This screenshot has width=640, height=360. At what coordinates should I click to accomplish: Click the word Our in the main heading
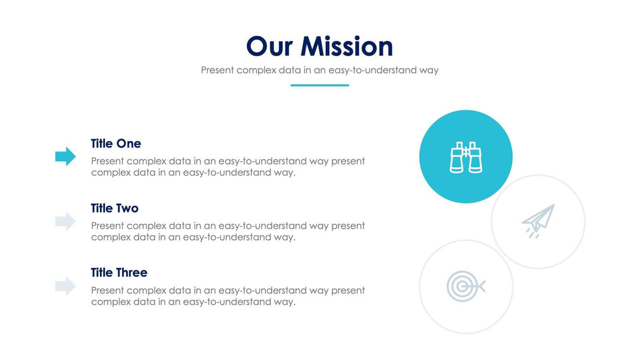(269, 46)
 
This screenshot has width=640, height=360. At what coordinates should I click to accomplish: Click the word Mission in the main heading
(347, 46)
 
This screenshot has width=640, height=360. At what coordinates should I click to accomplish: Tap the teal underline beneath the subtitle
(319, 86)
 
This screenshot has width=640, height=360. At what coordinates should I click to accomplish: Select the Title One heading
(116, 144)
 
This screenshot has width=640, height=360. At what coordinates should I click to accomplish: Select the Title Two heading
(115, 208)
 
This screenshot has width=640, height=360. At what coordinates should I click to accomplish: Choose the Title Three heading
(119, 272)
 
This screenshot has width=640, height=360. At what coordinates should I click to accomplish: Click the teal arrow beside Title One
(66, 156)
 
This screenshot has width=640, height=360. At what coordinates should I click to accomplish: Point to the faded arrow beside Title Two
(66, 221)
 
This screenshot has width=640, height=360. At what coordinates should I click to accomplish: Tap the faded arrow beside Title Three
(66, 286)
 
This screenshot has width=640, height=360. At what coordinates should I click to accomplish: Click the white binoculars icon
(466, 157)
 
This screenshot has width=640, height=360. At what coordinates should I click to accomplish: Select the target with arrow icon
(466, 287)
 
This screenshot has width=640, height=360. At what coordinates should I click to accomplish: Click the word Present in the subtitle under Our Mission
(217, 70)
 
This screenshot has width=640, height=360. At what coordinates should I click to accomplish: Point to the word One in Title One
(129, 144)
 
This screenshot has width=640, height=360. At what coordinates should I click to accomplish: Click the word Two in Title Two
(127, 208)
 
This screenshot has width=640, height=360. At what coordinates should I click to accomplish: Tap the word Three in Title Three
(131, 272)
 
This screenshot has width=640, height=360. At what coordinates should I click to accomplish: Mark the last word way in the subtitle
(428, 71)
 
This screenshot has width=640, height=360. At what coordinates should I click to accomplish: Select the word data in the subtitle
(289, 70)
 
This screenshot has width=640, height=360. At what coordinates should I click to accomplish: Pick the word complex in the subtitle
(256, 71)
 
